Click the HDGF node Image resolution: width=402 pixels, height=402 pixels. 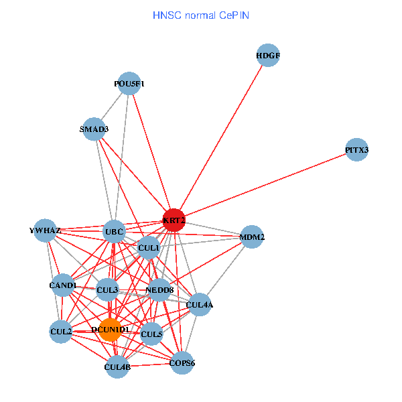(x=268, y=55)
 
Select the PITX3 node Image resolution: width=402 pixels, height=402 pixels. (x=357, y=150)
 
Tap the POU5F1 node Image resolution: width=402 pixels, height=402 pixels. (x=129, y=84)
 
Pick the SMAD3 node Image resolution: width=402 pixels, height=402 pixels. (x=94, y=129)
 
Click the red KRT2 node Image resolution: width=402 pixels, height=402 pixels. (x=174, y=220)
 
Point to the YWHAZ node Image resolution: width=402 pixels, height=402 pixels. (x=45, y=230)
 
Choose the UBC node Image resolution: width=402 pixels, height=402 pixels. (x=114, y=232)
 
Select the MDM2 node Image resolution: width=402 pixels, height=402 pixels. (x=251, y=237)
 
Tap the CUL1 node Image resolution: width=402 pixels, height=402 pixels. (x=148, y=248)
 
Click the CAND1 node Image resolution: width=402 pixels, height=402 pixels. (x=64, y=286)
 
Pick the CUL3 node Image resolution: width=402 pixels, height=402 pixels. (x=107, y=290)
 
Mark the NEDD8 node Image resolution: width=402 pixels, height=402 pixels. (x=159, y=290)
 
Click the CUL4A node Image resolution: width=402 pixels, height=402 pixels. (x=200, y=305)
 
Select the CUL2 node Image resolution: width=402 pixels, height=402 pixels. (x=61, y=332)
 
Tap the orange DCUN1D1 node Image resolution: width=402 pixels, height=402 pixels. (x=111, y=330)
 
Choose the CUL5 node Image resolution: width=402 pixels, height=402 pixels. (x=152, y=334)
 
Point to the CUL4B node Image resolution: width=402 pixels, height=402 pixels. (x=117, y=366)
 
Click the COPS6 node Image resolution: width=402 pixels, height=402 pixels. (x=182, y=363)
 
